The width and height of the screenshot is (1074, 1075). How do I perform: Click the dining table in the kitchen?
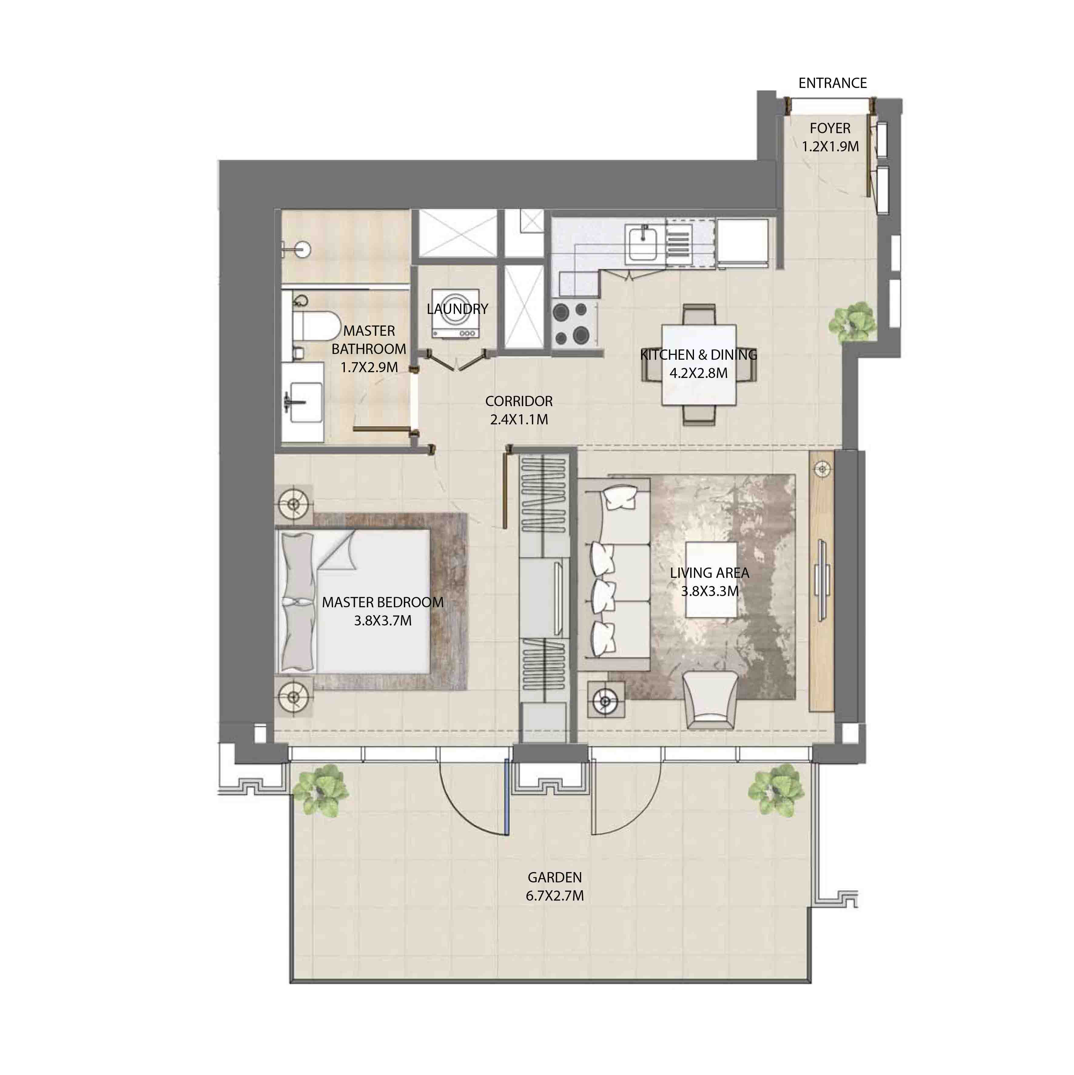tap(699, 365)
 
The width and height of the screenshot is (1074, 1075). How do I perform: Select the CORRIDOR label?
tap(519, 401)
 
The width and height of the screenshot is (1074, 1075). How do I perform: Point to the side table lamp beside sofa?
tap(604, 701)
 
